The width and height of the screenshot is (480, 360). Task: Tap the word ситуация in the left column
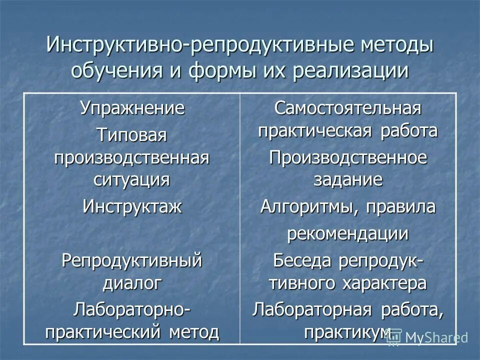coord(132,179)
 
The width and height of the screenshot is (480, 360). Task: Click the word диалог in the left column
coord(132,283)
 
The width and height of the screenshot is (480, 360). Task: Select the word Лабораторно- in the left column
coord(132,308)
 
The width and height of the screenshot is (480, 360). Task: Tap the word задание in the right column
coord(347,180)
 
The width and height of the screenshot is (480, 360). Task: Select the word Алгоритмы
coord(306,207)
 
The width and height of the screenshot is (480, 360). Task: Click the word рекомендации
coord(347,233)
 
